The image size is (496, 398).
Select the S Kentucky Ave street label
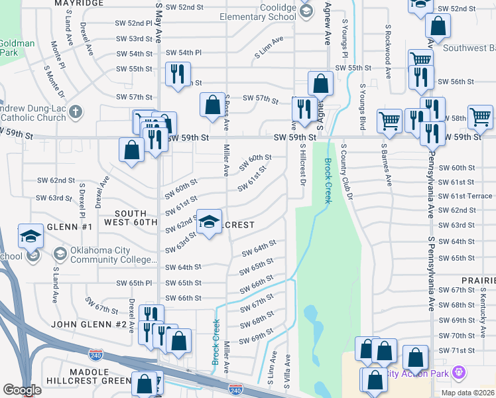484,297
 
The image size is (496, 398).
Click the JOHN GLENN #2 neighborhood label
84,324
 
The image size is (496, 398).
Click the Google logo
22,390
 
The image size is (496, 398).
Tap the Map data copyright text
467,393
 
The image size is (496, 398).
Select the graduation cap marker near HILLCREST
209,223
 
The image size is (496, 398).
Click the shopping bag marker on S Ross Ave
212,106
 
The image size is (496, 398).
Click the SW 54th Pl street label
183,52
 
